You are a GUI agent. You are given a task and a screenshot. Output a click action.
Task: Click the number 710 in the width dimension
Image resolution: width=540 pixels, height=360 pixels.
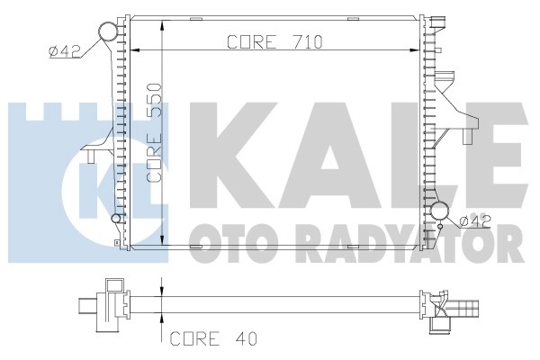click(x=308, y=42)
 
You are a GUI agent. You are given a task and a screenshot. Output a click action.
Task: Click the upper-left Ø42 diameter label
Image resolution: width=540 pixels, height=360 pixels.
click(x=65, y=51)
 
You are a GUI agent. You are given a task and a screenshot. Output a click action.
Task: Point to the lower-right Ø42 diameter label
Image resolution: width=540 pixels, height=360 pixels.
click(x=475, y=220)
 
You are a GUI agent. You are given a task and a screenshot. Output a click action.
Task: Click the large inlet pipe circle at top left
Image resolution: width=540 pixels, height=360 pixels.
click(x=109, y=31)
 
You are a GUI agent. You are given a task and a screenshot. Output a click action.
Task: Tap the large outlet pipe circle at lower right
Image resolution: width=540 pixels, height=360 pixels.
click(x=440, y=211)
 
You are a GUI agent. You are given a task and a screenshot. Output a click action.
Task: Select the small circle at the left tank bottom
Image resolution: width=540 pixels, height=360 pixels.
click(x=116, y=218)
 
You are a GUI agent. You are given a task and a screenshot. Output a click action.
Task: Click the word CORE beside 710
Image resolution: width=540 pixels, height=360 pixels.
click(x=252, y=42)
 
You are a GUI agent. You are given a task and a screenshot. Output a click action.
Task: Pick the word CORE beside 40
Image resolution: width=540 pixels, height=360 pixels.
click(x=194, y=338)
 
